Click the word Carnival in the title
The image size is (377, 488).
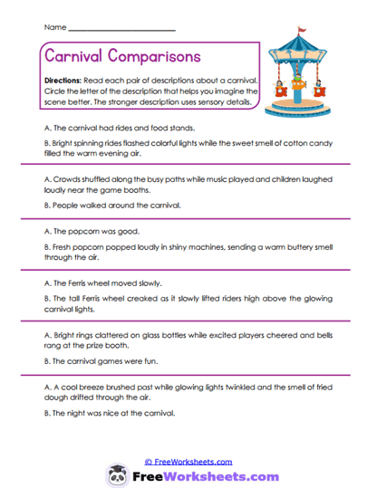75,56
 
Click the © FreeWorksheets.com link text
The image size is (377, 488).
188,460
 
